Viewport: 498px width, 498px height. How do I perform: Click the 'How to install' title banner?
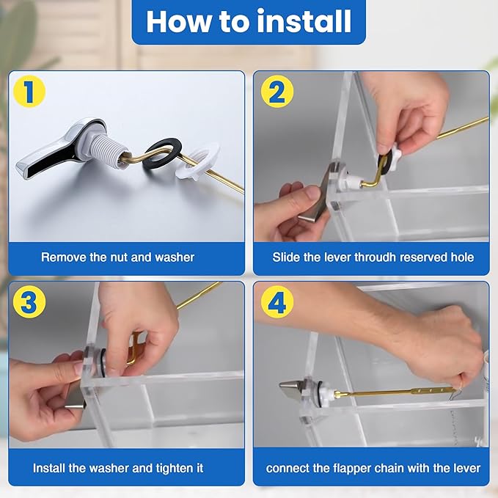coord(249,22)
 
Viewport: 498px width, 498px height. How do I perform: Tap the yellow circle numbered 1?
coord(29,92)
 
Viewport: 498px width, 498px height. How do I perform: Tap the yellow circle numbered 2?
coord(277,92)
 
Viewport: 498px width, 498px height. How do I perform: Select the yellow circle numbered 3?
coord(29,303)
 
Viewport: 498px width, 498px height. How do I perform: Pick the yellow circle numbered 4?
coord(277,303)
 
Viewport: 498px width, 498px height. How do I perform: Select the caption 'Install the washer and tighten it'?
coord(118,468)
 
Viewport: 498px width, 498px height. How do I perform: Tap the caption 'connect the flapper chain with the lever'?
coord(373,468)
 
